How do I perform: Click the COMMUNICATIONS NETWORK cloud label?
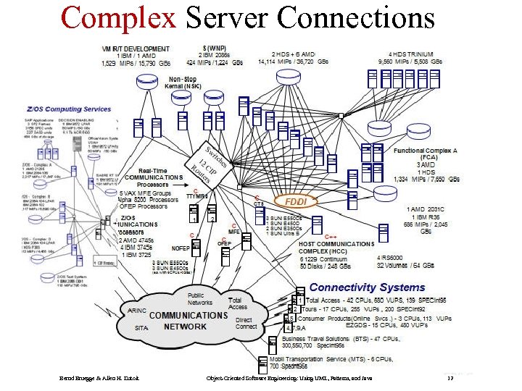pyautogui.click(x=188, y=321)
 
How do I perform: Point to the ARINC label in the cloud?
pyautogui.click(x=137, y=310)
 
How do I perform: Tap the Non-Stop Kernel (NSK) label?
pyautogui.click(x=183, y=82)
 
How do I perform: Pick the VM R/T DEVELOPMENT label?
pyautogui.click(x=140, y=48)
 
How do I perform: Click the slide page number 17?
pyautogui.click(x=449, y=379)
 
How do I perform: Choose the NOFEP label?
pyautogui.click(x=181, y=248)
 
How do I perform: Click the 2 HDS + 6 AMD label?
pyautogui.click(x=294, y=54)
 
